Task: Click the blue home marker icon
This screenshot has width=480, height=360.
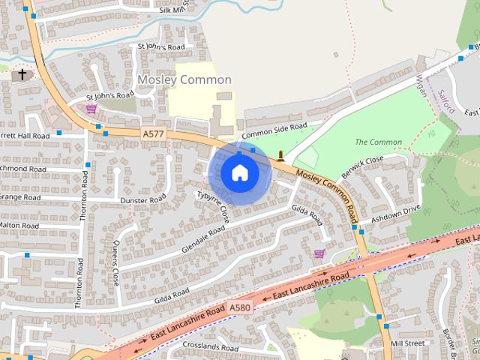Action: click(x=239, y=173)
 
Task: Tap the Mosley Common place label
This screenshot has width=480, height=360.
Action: click(x=184, y=79)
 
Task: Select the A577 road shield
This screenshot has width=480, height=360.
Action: click(x=152, y=133)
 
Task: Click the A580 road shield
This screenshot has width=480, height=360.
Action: click(x=240, y=307)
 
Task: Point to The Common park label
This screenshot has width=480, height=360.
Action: click(x=378, y=142)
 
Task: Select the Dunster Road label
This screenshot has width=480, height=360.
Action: click(x=142, y=200)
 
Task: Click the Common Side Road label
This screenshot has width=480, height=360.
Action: click(x=274, y=128)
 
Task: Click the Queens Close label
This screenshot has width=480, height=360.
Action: click(x=115, y=262)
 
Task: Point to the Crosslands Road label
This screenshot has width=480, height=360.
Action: click(x=193, y=347)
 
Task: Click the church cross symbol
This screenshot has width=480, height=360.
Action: click(x=22, y=74)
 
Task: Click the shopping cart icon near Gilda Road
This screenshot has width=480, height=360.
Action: click(x=319, y=254)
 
